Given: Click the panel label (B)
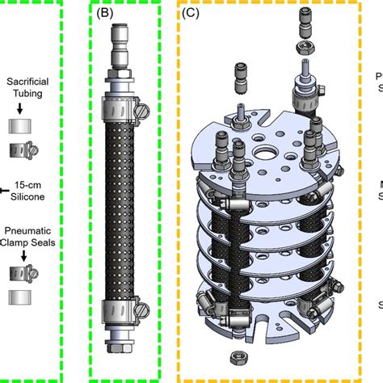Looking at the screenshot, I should tap(105, 13).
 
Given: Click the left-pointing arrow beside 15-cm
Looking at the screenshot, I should tap(4, 189).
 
